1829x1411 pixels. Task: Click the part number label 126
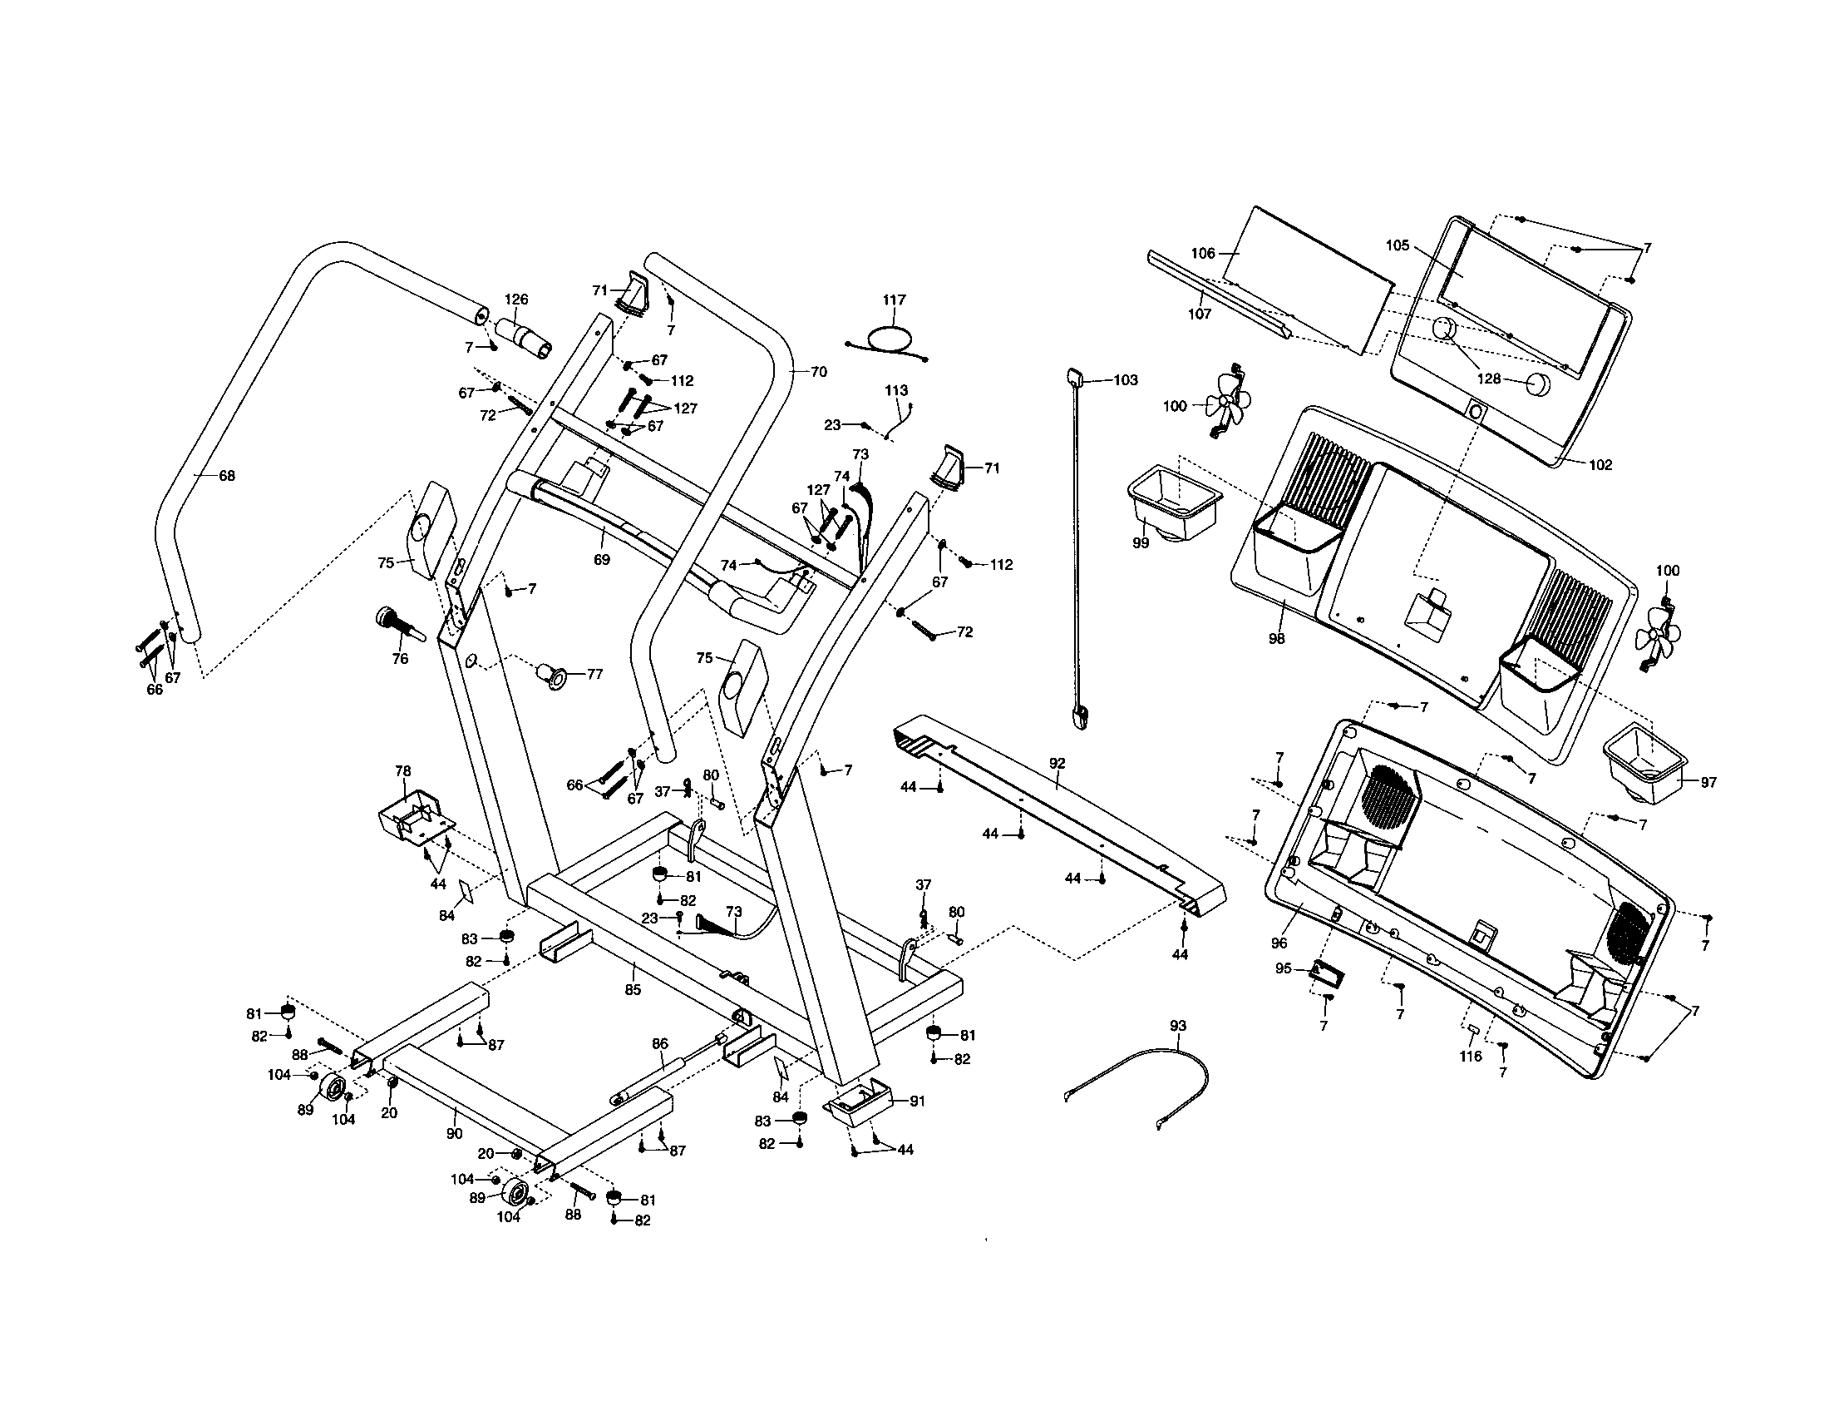pyautogui.click(x=517, y=300)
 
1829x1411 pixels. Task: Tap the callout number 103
pyautogui.click(x=1125, y=379)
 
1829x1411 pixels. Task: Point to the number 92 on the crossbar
pyautogui.click(x=1057, y=762)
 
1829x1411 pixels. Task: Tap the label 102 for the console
pyautogui.click(x=1600, y=464)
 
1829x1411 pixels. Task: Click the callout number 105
pyautogui.click(x=1398, y=245)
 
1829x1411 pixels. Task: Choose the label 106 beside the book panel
pyautogui.click(x=1203, y=253)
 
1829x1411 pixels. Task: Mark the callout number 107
pyautogui.click(x=1199, y=314)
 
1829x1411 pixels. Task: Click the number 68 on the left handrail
pyautogui.click(x=226, y=476)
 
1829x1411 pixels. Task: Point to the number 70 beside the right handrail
pyautogui.click(x=818, y=371)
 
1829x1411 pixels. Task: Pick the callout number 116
pyautogui.click(x=1471, y=1057)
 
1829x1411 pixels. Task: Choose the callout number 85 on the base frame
pyautogui.click(x=633, y=989)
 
